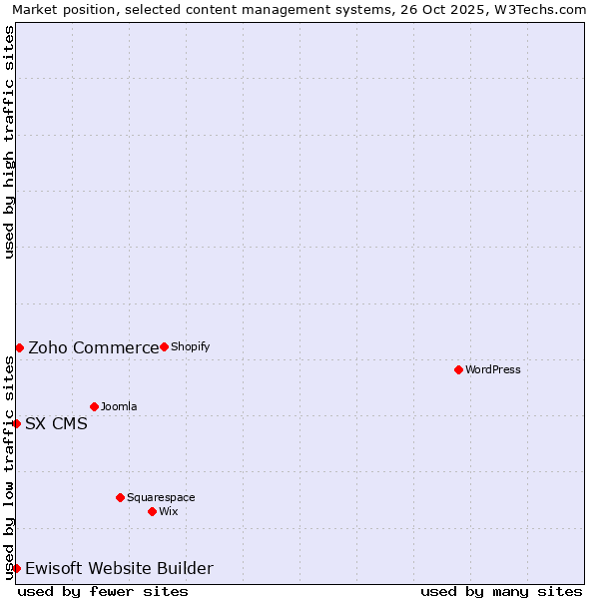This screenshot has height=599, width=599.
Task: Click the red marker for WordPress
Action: click(x=458, y=369)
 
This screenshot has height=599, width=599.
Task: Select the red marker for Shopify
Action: click(x=164, y=346)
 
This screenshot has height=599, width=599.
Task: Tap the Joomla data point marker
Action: click(x=94, y=406)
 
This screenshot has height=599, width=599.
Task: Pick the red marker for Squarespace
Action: click(x=120, y=497)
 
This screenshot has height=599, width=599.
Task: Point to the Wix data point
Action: click(x=152, y=511)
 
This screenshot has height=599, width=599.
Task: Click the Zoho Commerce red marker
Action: click(x=19, y=347)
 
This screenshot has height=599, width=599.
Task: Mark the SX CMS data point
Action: click(x=16, y=423)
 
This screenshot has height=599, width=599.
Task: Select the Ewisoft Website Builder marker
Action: click(x=16, y=568)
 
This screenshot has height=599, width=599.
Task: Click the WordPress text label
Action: click(x=493, y=369)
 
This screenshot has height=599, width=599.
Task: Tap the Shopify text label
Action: click(x=190, y=346)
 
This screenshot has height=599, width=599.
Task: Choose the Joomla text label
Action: click(x=119, y=406)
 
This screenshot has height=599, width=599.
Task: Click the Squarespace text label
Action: click(x=161, y=497)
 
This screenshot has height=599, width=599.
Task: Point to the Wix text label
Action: click(x=169, y=511)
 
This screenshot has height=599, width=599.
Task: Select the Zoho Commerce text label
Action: click(x=94, y=347)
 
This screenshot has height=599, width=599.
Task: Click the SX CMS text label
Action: click(x=56, y=423)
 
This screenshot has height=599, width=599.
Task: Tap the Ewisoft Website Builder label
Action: click(x=119, y=568)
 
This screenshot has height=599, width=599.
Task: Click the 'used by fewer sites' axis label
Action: click(x=103, y=591)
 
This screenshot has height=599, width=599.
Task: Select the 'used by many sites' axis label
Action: click(x=501, y=591)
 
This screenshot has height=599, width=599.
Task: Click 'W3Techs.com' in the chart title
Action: click(x=545, y=10)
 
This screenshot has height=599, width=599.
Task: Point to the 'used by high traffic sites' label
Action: click(x=10, y=142)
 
